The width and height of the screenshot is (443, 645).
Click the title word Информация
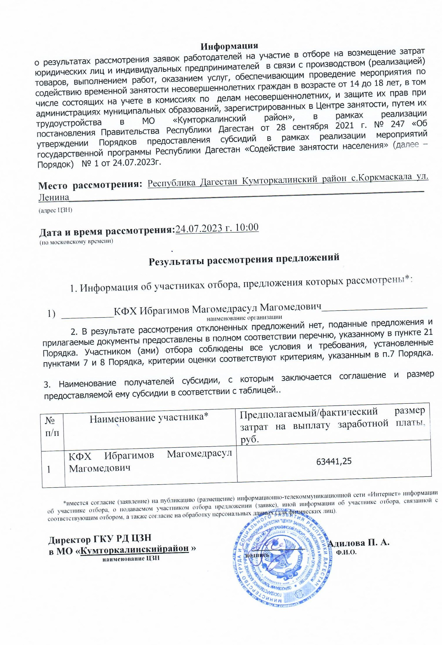pos(229,46)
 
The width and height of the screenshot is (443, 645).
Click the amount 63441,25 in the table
pos(334,461)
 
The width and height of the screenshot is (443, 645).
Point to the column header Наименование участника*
pos(149,418)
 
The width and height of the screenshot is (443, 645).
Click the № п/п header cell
pos(52,426)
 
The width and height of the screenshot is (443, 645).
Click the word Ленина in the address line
pos(54,197)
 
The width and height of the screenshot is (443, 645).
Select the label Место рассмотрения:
pos(90,185)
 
